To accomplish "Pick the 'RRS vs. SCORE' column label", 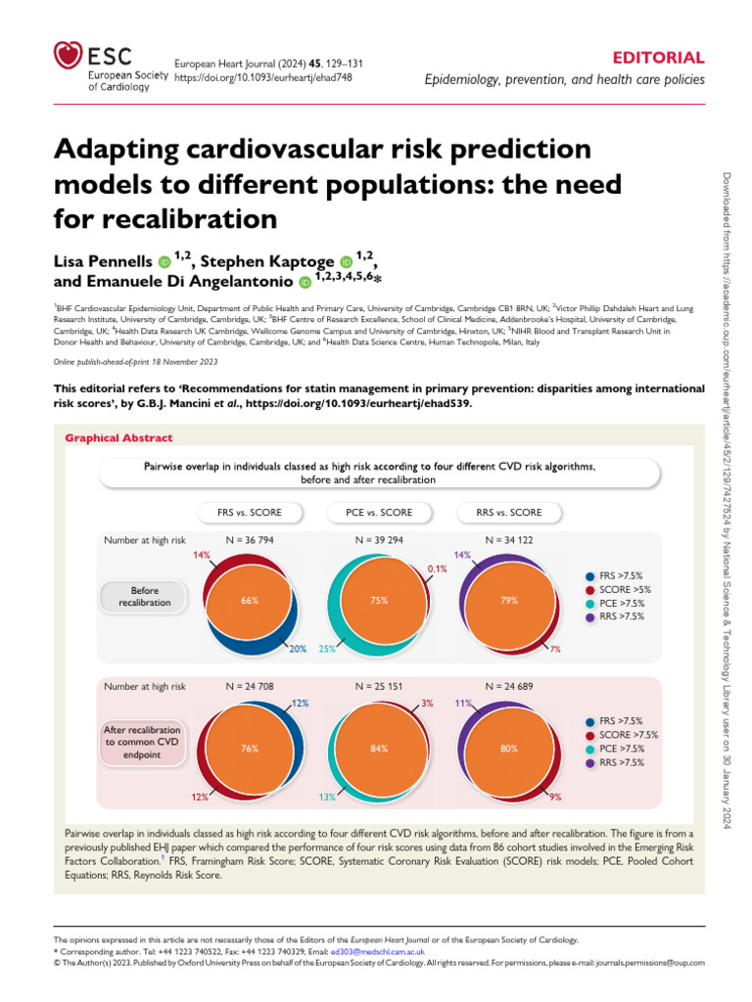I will pyautogui.click(x=508, y=512).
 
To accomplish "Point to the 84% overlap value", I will pyautogui.click(x=379, y=749).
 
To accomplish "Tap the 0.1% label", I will pyautogui.click(x=438, y=569).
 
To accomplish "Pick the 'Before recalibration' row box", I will pyautogui.click(x=137, y=597).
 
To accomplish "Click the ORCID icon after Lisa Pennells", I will pyautogui.click(x=164, y=262).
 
